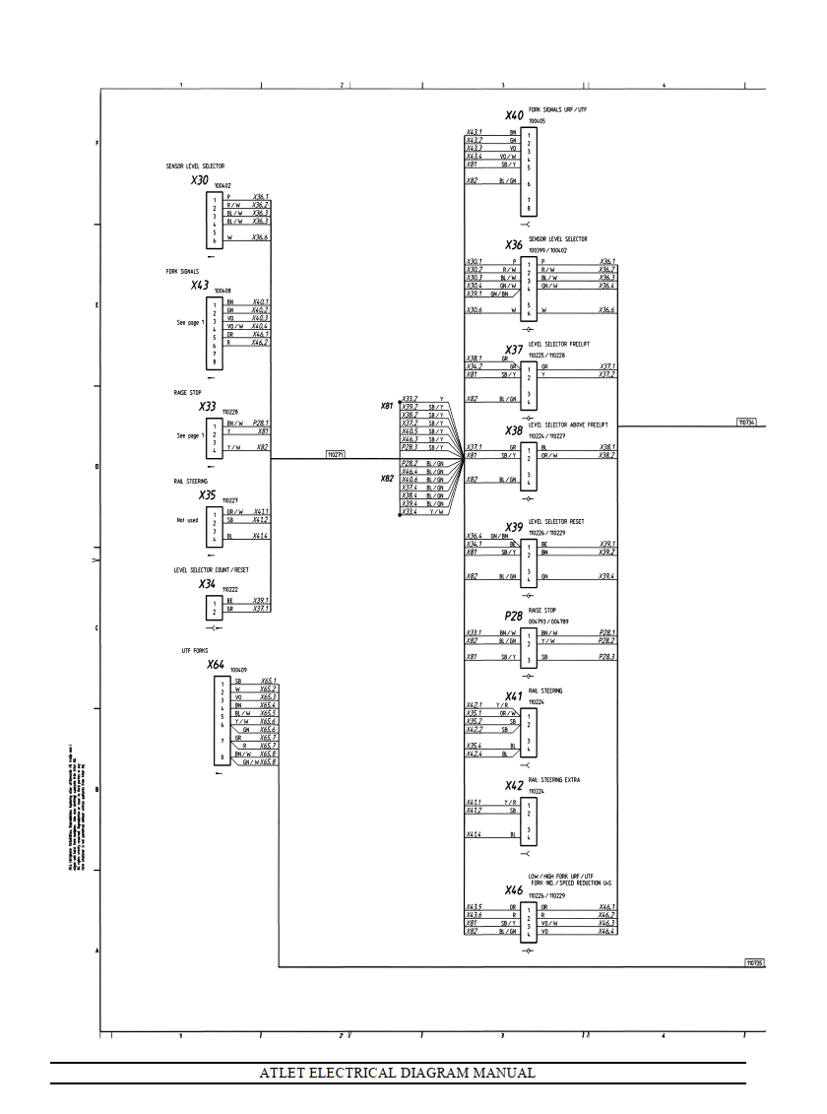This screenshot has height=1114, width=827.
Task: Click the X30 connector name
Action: tap(200, 180)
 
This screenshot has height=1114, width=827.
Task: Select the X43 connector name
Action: tap(200, 286)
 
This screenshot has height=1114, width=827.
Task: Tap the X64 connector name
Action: tap(216, 665)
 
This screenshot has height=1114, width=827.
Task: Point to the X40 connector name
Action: tap(514, 115)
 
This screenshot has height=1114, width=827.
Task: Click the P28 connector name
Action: tap(514, 617)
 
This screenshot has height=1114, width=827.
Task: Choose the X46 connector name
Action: tap(514, 890)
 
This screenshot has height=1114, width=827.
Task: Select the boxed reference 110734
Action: tap(747, 423)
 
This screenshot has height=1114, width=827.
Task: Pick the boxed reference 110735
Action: tap(754, 962)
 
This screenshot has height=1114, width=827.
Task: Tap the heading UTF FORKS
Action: tap(194, 651)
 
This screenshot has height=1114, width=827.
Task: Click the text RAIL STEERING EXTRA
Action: tap(553, 779)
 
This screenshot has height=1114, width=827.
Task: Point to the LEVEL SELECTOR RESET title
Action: tap(557, 521)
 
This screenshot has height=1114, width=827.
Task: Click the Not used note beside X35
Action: tap(187, 519)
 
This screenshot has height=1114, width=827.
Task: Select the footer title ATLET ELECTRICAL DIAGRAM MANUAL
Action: tap(397, 1073)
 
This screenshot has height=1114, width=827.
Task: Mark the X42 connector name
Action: tap(514, 785)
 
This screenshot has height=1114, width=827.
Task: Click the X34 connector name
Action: tap(207, 583)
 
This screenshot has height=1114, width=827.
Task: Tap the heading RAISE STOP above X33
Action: tap(187, 392)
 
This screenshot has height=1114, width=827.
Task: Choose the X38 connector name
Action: tap(514, 430)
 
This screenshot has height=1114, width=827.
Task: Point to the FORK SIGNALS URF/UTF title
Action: tap(557, 108)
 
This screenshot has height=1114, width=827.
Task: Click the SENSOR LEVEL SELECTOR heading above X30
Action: tap(195, 166)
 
